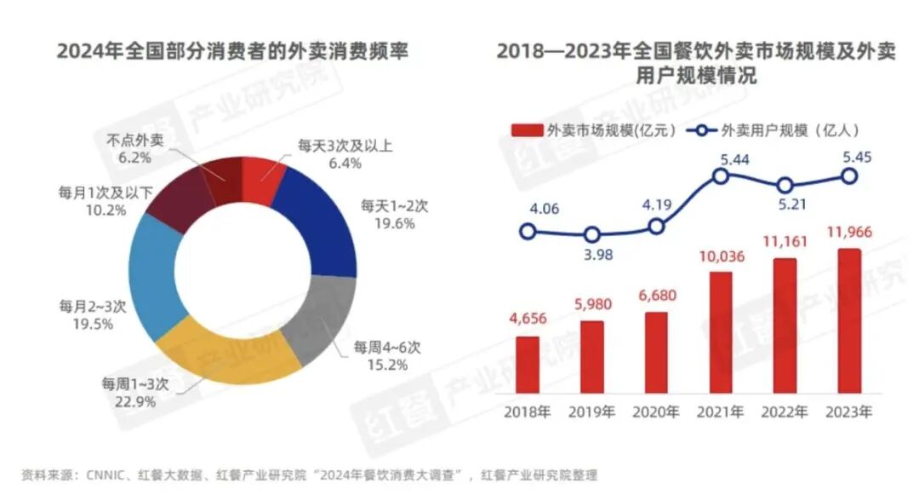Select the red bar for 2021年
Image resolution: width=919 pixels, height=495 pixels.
[721, 333]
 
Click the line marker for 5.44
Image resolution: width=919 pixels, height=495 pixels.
[721, 176]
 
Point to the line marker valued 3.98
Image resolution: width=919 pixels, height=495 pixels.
[592, 235]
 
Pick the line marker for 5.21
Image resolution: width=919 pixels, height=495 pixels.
[785, 185]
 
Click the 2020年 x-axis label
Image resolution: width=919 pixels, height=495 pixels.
[656, 412]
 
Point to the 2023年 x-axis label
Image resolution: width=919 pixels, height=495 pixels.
[849, 412]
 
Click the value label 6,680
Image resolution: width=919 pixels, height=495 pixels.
[656, 297]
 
